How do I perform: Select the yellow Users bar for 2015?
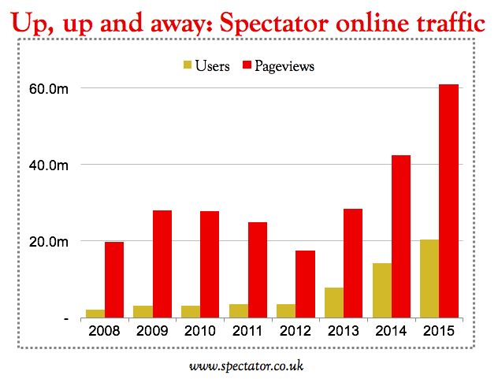pos(429,279)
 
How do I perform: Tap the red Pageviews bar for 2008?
pos(114,280)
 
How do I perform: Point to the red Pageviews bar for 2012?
pos(305,284)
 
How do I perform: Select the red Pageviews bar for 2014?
pos(401,236)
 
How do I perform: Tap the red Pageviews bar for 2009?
pos(162,264)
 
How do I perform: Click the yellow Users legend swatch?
pos(187,66)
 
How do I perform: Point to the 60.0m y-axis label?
pos(47,88)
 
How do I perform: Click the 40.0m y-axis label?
pos(47,165)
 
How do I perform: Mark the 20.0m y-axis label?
pos(47,241)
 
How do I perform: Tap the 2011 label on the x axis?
pos(248,331)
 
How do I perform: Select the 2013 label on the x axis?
pos(344,331)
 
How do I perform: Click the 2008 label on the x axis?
pos(105,331)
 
